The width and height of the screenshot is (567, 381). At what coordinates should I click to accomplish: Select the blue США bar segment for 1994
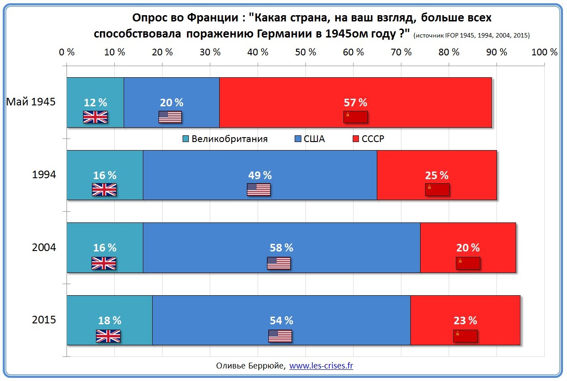tap(260, 163)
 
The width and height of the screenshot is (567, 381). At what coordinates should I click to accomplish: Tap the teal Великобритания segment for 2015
tap(109, 308)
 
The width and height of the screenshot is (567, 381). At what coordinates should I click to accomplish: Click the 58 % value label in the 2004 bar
tap(281, 247)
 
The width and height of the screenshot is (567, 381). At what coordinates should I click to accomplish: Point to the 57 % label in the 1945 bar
tap(355, 102)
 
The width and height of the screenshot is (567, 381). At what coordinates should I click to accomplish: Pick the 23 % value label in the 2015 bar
tap(466, 320)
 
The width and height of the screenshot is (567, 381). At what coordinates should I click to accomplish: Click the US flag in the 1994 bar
tap(258, 189)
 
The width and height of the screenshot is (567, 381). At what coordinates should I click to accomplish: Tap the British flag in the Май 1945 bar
tap(96, 117)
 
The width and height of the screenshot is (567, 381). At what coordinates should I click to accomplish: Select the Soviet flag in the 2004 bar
tap(468, 263)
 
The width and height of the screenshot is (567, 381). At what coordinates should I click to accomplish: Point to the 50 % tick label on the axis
tap(306, 52)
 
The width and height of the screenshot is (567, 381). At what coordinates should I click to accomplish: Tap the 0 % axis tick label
tap(67, 52)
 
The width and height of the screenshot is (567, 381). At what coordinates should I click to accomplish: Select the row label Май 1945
tap(31, 102)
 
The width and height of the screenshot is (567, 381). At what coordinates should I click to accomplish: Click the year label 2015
tap(44, 320)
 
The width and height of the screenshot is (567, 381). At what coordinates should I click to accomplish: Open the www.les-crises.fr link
tap(321, 366)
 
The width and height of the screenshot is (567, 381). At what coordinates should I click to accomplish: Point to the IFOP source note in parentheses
tap(471, 35)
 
